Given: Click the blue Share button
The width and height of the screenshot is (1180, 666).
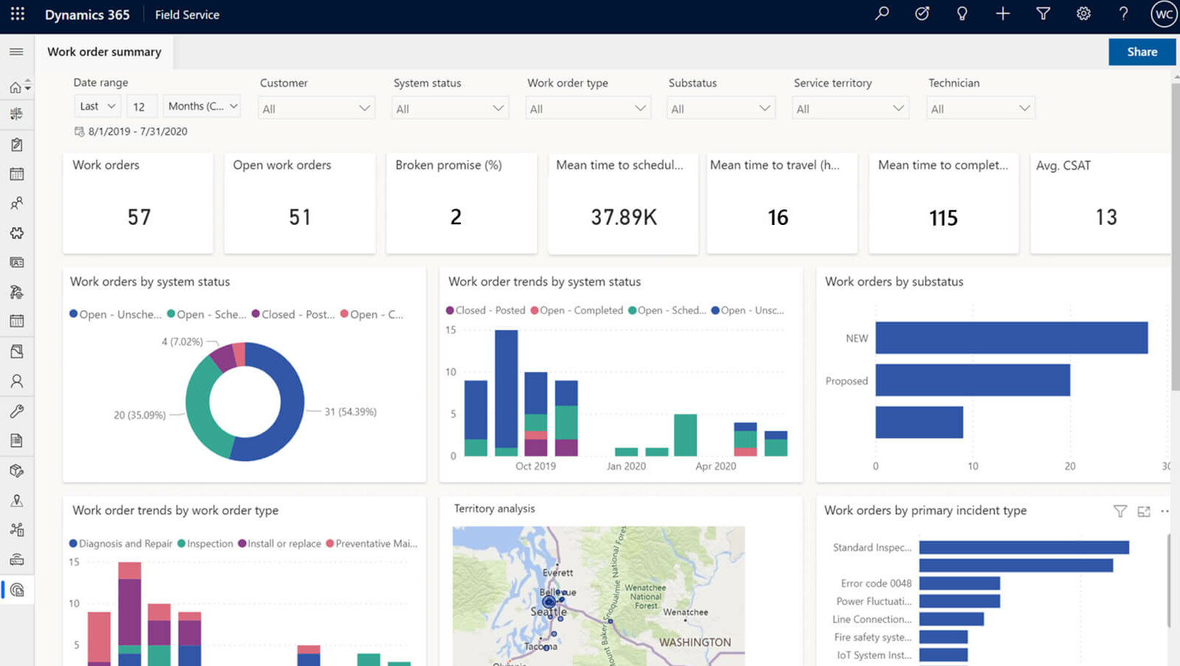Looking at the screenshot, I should (1142, 52).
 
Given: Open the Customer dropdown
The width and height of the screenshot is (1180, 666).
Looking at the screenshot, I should (316, 109).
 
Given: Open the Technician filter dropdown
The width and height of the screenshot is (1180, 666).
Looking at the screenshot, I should (980, 109).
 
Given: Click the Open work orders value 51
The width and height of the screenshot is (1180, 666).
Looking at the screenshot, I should (300, 217).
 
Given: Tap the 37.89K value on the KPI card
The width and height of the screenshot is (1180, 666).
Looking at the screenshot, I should (623, 217).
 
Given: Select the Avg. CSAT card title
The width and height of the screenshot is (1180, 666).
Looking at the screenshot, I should (1063, 166).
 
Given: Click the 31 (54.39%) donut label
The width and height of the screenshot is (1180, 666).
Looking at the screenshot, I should (350, 411).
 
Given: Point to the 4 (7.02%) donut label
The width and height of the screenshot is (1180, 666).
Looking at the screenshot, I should (182, 342).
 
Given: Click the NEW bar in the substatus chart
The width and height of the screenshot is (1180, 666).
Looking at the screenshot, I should (1011, 337).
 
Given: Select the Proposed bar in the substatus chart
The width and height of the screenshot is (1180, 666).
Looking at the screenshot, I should (972, 380).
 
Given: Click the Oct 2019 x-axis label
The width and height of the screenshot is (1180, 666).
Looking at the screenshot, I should (535, 466).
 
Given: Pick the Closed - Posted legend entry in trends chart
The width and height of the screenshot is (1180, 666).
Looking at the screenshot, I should (485, 310).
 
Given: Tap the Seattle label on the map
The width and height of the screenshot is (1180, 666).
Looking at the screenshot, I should (548, 612).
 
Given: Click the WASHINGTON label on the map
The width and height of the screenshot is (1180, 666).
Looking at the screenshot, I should (694, 642).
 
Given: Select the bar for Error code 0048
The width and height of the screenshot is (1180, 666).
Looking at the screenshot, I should (959, 583).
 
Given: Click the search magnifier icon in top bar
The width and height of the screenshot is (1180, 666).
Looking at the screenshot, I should (881, 14).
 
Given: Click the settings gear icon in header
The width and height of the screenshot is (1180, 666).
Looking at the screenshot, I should (1083, 14).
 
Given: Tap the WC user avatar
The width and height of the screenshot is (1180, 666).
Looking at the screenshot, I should (1163, 14).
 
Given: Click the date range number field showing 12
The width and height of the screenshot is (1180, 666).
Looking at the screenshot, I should (141, 107).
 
